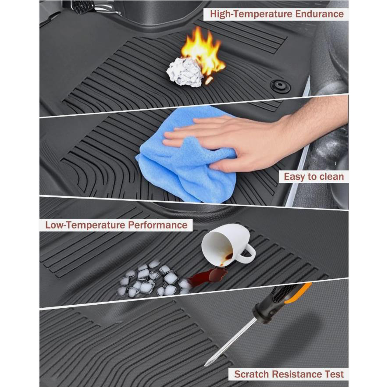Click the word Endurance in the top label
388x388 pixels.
click(x=319, y=14)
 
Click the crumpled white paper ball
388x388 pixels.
click(x=185, y=72)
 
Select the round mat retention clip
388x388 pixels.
click(x=280, y=86)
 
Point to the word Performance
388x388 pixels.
click(x=158, y=225)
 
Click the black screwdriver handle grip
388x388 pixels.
click(x=282, y=302)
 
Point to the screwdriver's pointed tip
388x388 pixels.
click(x=205, y=366)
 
